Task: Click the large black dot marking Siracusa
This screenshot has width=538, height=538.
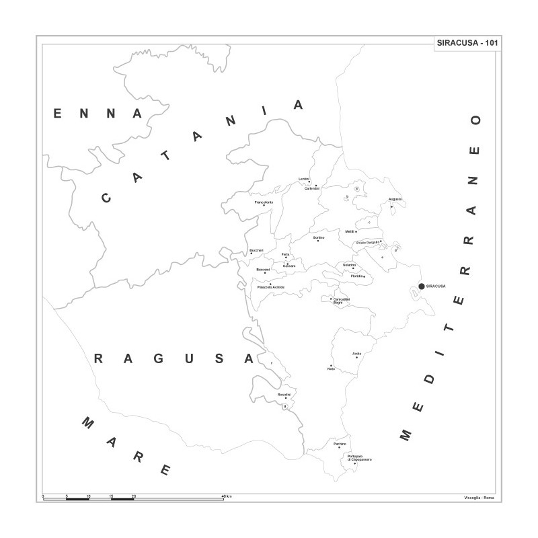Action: [x=422, y=286]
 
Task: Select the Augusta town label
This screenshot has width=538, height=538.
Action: [x=395, y=200]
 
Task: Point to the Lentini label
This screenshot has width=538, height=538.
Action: [x=304, y=178]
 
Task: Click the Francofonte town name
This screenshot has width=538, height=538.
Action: [x=264, y=202]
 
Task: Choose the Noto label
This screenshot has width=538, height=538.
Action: [x=331, y=370]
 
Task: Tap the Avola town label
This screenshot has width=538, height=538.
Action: [x=356, y=354]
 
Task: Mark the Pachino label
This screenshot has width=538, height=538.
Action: [x=340, y=444]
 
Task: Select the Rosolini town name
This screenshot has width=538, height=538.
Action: [x=284, y=394]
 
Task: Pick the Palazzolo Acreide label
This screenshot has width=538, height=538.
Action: [x=271, y=287]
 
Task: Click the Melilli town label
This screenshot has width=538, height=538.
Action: [x=350, y=231]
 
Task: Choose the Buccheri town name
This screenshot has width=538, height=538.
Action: [x=256, y=251]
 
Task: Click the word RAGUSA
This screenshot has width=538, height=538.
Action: [x=174, y=358]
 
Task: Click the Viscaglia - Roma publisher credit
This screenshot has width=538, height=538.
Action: [x=478, y=497]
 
